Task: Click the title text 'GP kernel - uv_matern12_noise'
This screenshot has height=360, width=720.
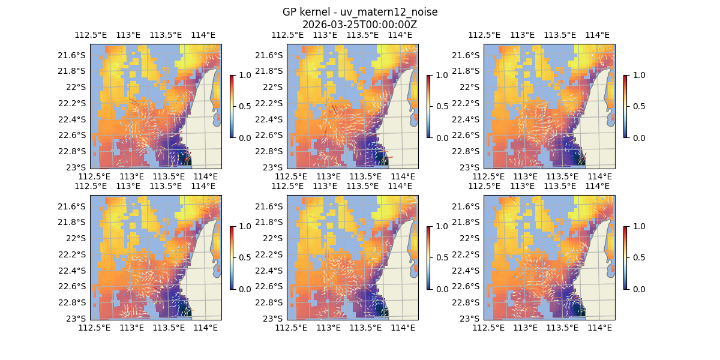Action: pos(359,13)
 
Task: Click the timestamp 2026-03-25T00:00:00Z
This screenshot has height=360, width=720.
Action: pos(359,25)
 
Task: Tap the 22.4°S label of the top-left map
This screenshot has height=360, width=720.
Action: pos(73,119)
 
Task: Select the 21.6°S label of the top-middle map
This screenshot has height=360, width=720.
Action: pos(269,55)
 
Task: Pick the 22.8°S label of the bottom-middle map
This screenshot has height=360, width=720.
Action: pos(269,302)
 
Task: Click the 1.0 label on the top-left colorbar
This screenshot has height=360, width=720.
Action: pos(244,76)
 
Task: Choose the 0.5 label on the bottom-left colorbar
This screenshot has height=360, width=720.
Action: pos(244,257)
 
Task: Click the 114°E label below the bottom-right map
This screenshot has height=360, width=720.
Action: pos(599,328)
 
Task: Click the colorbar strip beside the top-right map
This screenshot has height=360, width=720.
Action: pos(626,106)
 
